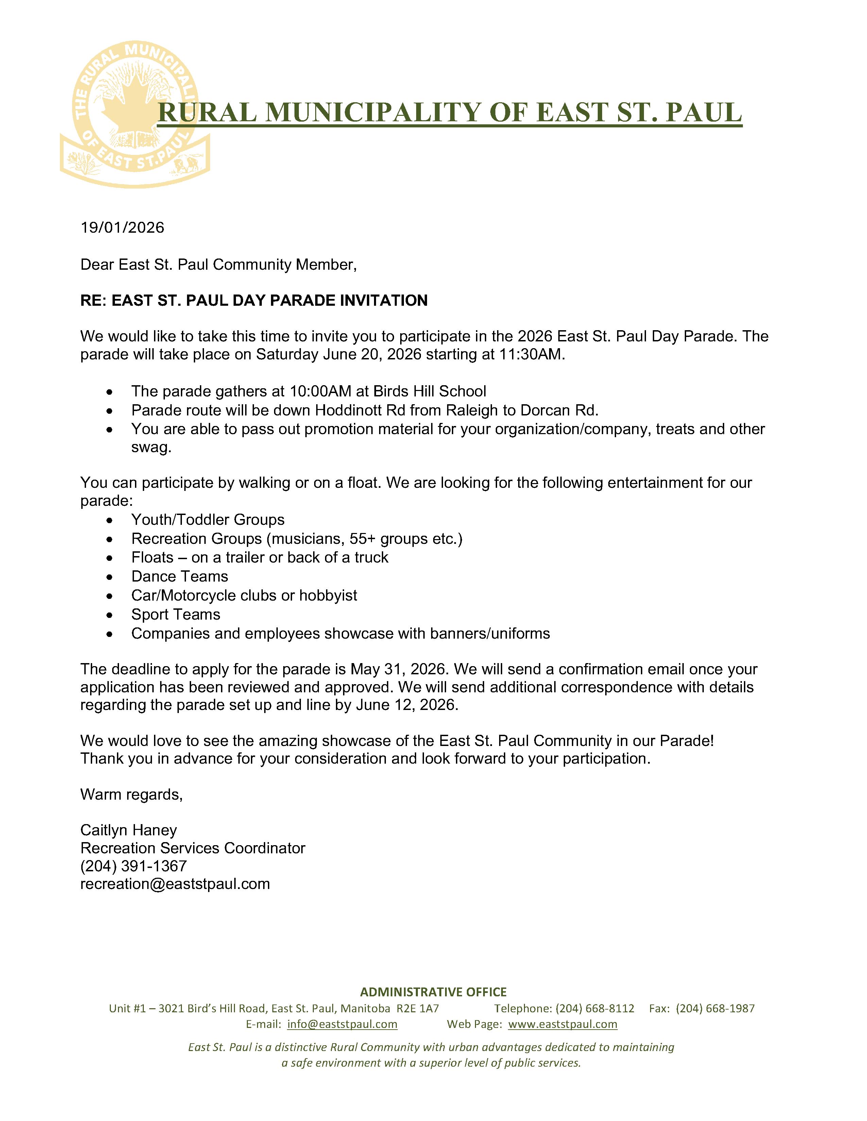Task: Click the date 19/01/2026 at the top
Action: point(122,227)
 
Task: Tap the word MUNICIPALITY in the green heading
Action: point(373,112)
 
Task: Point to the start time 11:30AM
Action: point(531,355)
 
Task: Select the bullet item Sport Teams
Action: point(176,615)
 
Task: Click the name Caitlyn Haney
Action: point(129,830)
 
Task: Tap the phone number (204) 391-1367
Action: point(134,866)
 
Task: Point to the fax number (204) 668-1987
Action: point(715,1009)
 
